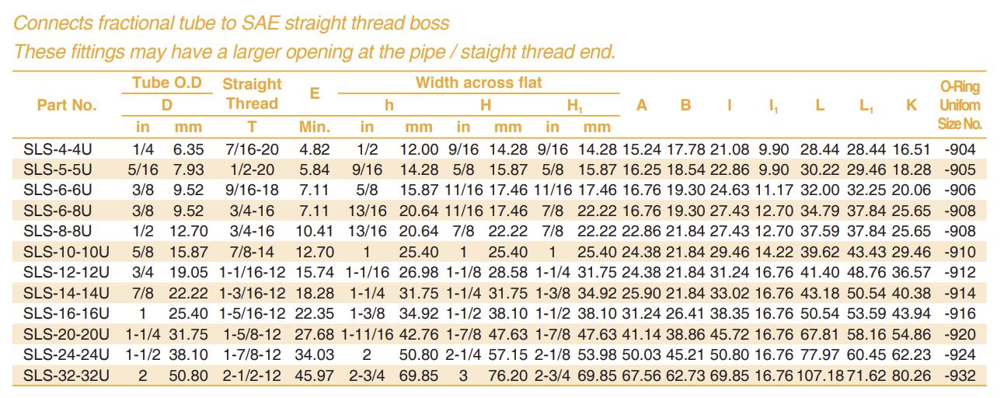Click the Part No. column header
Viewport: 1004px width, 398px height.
[x=67, y=105]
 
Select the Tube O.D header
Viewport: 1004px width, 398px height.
[x=166, y=83]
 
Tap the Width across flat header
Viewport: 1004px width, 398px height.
[x=479, y=83]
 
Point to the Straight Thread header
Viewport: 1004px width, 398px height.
[x=252, y=93]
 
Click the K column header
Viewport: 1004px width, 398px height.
[x=912, y=105]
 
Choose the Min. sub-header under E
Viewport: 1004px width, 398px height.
[x=315, y=126]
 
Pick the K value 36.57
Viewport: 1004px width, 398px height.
[x=912, y=273]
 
